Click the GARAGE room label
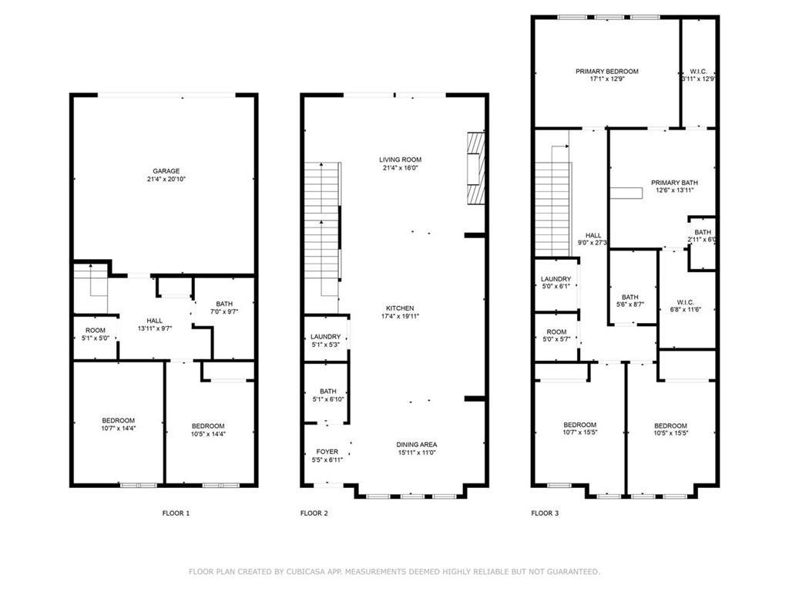pos(166,171)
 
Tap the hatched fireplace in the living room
pos(477,169)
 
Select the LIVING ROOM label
pos(400,160)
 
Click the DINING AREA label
pos(417,445)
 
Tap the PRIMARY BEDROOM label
pos(606,71)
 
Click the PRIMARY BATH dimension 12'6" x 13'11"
pos(675,190)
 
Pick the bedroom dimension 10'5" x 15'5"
pos(670,434)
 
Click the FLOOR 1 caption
pos(176,513)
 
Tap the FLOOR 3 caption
pos(545,513)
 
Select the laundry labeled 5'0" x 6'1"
pos(556,283)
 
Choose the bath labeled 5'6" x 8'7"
pos(630,301)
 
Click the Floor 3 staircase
pos(552,204)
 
